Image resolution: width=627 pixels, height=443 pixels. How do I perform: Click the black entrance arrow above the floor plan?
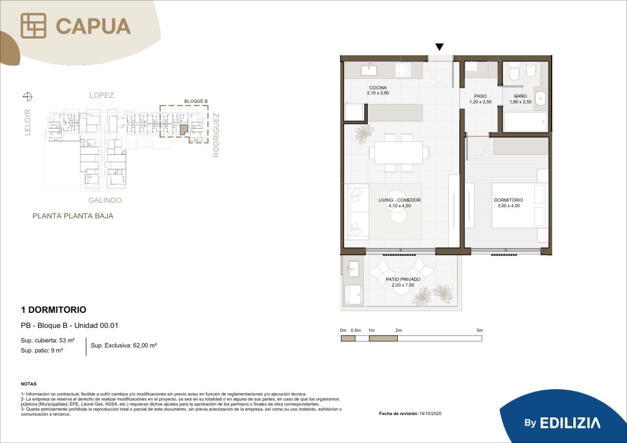pyautogui.click(x=439, y=47)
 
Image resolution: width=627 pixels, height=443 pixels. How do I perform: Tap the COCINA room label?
pyautogui.click(x=378, y=88)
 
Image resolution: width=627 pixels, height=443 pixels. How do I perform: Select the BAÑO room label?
pyautogui.click(x=520, y=96)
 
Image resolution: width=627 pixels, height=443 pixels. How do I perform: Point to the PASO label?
pyautogui.click(x=480, y=96)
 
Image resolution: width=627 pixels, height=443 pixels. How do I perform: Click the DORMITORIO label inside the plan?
pyautogui.click(x=509, y=200)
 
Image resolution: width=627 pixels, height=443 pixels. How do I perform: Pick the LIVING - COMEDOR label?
pyautogui.click(x=400, y=200)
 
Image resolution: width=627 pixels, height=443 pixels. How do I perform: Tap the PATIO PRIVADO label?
pyautogui.click(x=403, y=279)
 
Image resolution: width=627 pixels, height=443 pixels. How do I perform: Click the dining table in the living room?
pyautogui.click(x=398, y=153)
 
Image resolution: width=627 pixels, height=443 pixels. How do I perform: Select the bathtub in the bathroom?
pyautogui.click(x=525, y=122)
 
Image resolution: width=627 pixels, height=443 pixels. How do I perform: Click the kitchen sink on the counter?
pyautogui.click(x=369, y=70)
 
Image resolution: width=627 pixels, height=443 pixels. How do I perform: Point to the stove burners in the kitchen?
pyautogui.click(x=403, y=70)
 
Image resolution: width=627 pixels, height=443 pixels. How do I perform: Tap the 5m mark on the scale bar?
pyautogui.click(x=480, y=330)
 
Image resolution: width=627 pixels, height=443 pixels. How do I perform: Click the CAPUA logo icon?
pyautogui.click(x=33, y=26)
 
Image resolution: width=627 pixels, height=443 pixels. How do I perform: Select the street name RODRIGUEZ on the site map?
pyautogui.click(x=216, y=135)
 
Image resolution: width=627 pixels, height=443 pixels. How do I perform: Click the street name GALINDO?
pyautogui.click(x=104, y=200)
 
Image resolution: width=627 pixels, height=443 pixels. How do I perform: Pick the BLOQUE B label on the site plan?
pyautogui.click(x=196, y=101)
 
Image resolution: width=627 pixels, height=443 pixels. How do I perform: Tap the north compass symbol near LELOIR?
pyautogui.click(x=27, y=96)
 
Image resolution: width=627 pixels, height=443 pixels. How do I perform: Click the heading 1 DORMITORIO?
pyautogui.click(x=54, y=309)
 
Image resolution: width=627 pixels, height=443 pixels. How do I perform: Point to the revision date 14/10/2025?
pyautogui.click(x=430, y=413)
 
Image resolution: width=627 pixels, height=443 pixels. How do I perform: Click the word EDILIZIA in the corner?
pyautogui.click(x=570, y=423)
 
